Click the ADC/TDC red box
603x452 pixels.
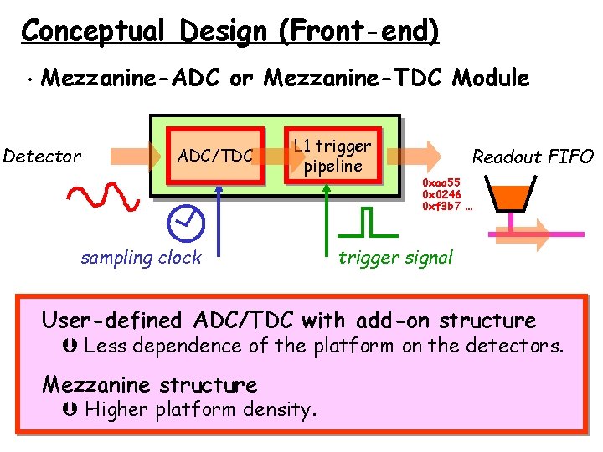pyautogui.click(x=215, y=156)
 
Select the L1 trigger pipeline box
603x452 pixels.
pyautogui.click(x=333, y=156)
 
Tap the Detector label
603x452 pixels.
pyautogui.click(x=42, y=156)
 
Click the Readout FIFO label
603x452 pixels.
pyautogui.click(x=533, y=157)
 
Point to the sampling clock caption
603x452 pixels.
pyautogui.click(x=141, y=258)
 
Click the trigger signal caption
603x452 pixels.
pyautogui.click(x=395, y=258)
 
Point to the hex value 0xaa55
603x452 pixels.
pyautogui.click(x=441, y=182)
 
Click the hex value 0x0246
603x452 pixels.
pyautogui.click(x=441, y=193)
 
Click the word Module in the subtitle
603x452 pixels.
pyautogui.click(x=491, y=79)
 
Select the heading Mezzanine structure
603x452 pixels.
pyautogui.click(x=150, y=385)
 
